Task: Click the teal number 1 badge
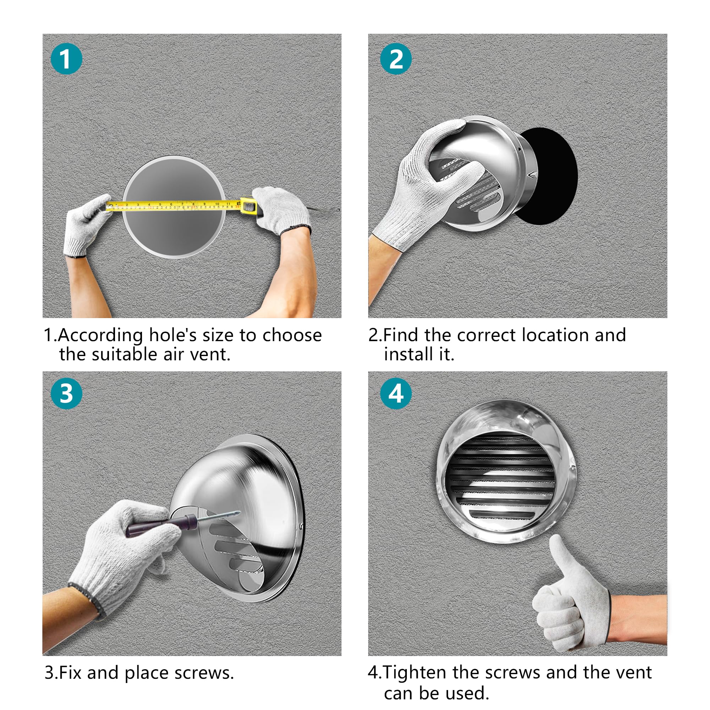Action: [66, 59]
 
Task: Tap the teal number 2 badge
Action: [396, 59]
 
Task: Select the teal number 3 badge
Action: [66, 393]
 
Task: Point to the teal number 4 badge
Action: [396, 393]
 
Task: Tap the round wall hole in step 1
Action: [174, 207]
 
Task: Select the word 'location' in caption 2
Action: [555, 335]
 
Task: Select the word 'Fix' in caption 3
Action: [70, 672]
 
